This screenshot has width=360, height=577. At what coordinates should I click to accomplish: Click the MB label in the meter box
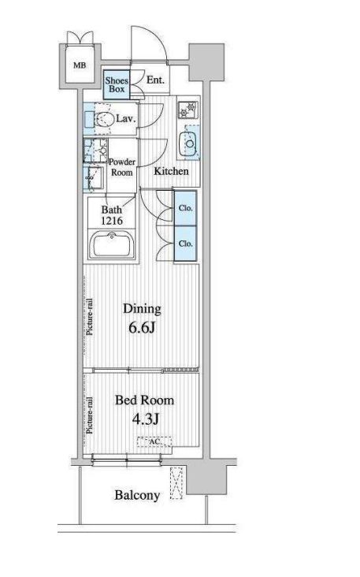click(x=80, y=65)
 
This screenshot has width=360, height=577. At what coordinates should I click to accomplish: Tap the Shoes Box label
click(x=117, y=84)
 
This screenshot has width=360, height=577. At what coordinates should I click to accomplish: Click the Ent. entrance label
click(x=155, y=80)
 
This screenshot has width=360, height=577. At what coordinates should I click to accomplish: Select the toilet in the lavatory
click(x=104, y=119)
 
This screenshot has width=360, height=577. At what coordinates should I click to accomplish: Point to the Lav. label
click(x=126, y=118)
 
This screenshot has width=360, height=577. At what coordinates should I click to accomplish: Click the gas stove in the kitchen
click(x=188, y=109)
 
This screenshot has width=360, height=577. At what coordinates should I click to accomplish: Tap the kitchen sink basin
click(x=189, y=142)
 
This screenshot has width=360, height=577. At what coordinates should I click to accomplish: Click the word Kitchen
click(x=171, y=171)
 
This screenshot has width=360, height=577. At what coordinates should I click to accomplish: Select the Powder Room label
click(x=122, y=167)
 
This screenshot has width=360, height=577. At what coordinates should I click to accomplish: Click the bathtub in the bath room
click(x=111, y=245)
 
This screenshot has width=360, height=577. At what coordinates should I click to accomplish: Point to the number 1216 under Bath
click(x=112, y=221)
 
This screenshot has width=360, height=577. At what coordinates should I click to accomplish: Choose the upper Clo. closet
click(x=185, y=208)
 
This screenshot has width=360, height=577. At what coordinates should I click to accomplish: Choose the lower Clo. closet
click(x=185, y=244)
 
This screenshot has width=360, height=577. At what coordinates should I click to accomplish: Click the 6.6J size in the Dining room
click(x=142, y=327)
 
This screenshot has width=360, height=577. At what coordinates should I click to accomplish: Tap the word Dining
click(x=142, y=309)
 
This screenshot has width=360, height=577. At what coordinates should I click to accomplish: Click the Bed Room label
click(x=144, y=400)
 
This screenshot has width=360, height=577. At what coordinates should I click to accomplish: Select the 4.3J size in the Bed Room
click(x=145, y=419)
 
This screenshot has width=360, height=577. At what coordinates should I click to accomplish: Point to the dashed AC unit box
click(x=155, y=441)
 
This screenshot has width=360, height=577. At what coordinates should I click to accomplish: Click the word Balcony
click(x=137, y=495)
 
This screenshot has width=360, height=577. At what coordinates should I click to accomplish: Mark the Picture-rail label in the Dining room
click(x=90, y=317)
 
